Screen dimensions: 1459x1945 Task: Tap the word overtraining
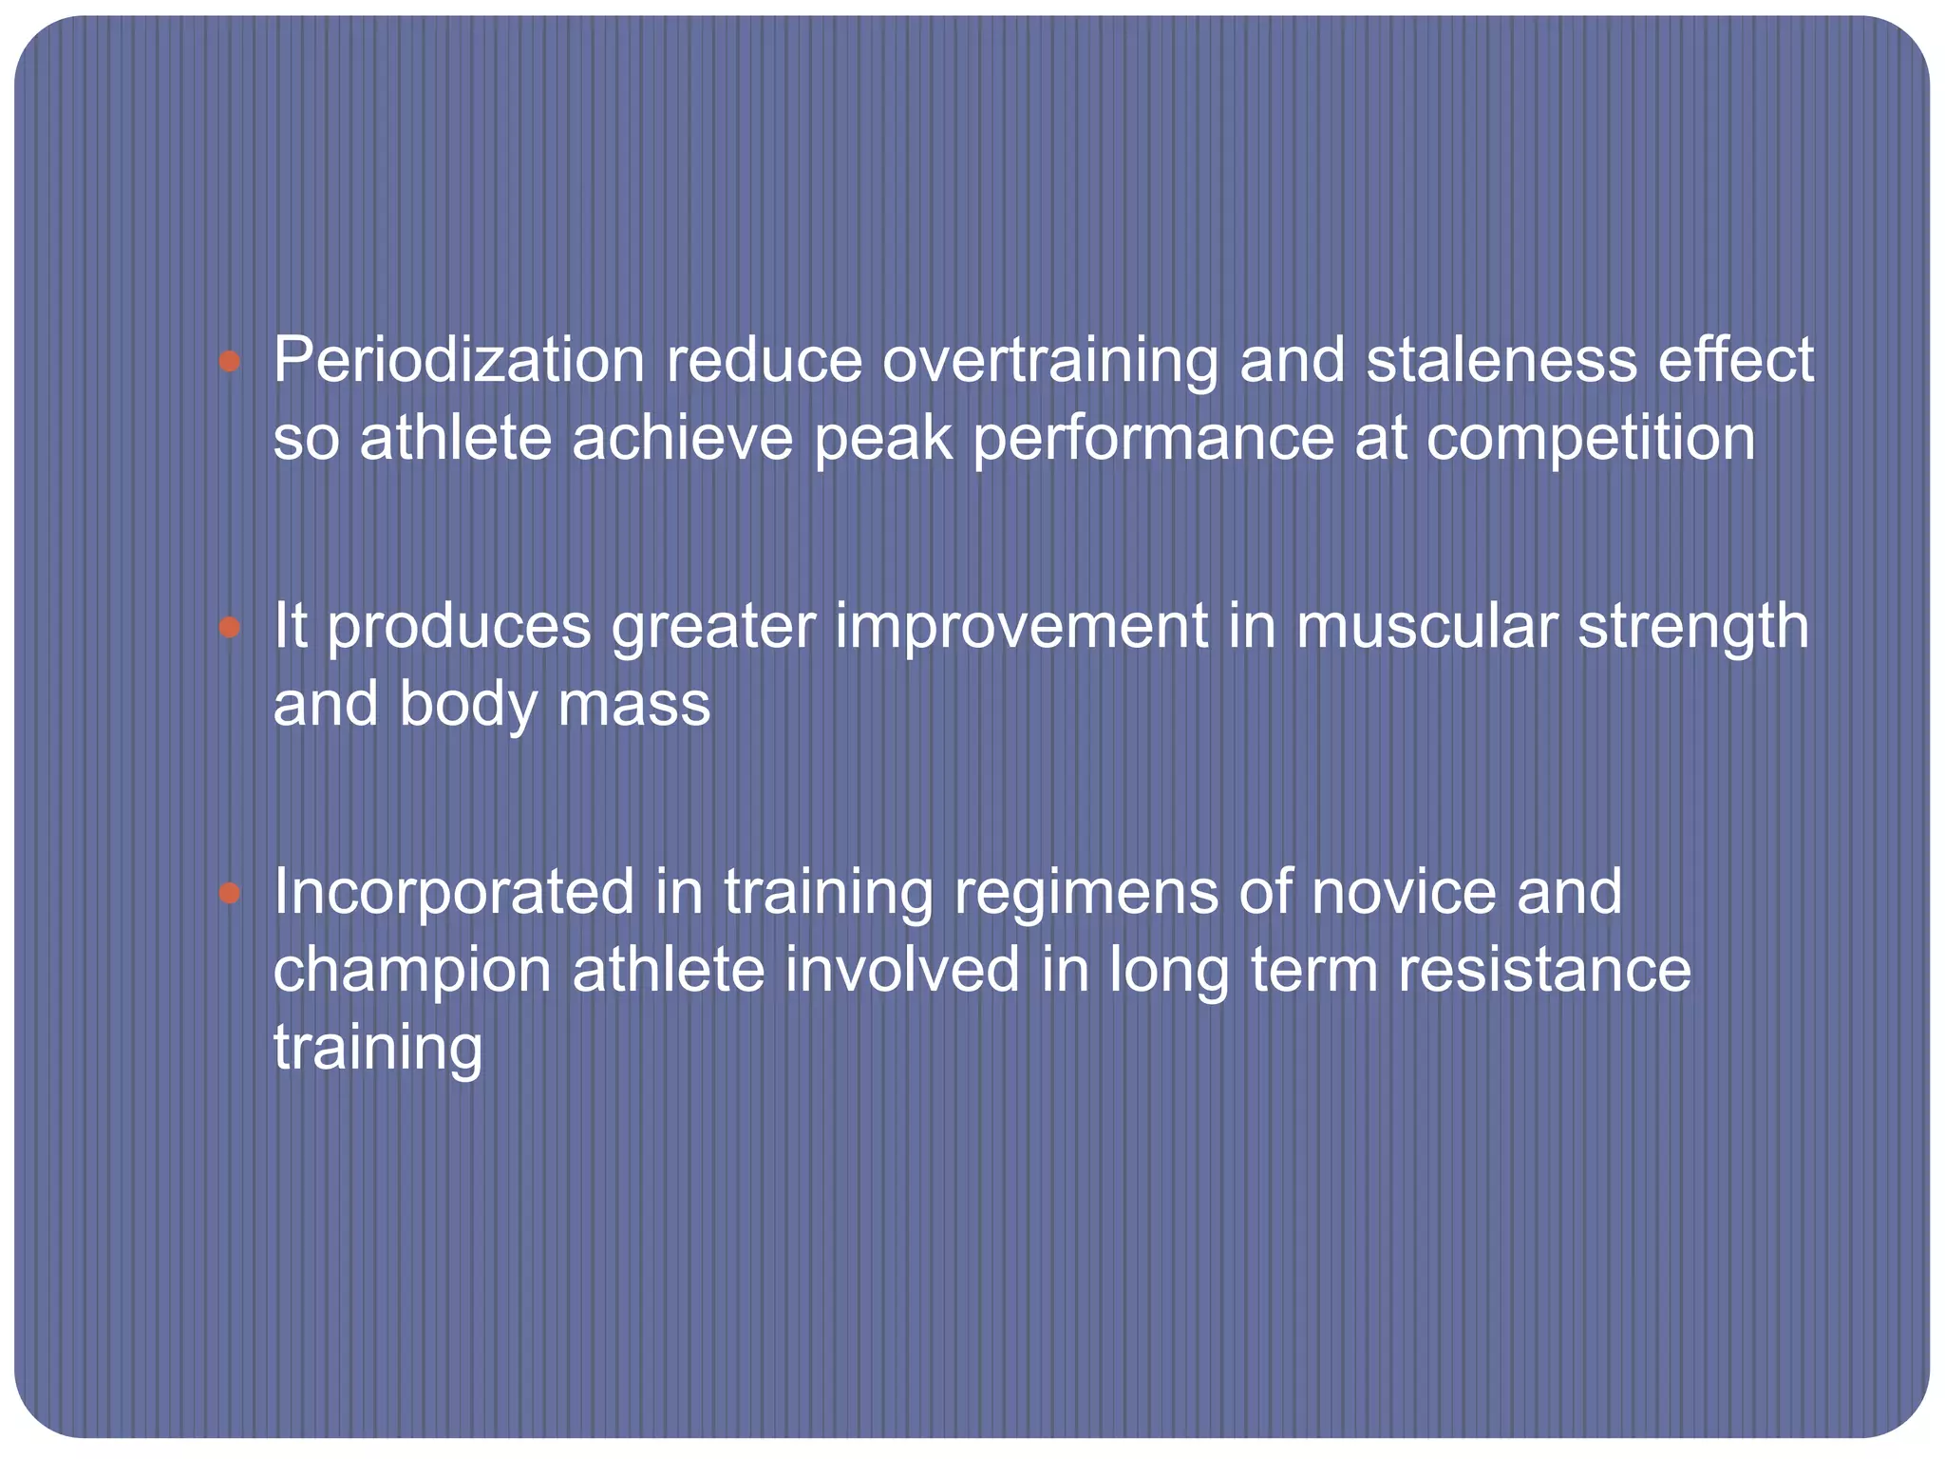(1050, 363)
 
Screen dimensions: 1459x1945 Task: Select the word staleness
(1501, 361)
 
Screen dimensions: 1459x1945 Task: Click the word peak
(882, 439)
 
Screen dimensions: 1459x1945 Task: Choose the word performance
(1153, 439)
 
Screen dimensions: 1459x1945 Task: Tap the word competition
(1590, 439)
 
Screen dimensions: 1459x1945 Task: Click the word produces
(460, 629)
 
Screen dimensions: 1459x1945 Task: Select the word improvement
(1022, 627)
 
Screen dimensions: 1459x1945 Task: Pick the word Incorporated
(454, 893)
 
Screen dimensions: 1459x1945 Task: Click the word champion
(412, 971)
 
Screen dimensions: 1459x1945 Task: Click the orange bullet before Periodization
(229, 362)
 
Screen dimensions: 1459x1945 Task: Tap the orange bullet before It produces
(229, 627)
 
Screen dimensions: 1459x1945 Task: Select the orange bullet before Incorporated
(229, 893)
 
